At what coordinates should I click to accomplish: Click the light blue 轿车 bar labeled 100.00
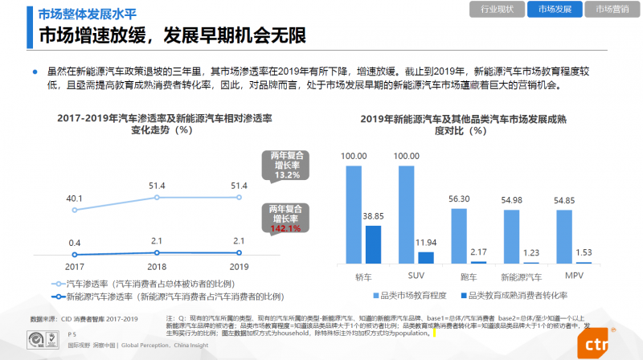(x=354, y=215)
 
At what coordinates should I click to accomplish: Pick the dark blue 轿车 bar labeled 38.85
(x=374, y=244)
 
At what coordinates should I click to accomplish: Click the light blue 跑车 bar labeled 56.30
(x=459, y=235)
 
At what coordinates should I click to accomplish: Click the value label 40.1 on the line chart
(x=75, y=198)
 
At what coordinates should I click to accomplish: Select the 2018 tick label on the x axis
(x=158, y=265)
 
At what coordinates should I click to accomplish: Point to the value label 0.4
(x=75, y=243)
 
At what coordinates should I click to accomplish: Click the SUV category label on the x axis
(x=416, y=276)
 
